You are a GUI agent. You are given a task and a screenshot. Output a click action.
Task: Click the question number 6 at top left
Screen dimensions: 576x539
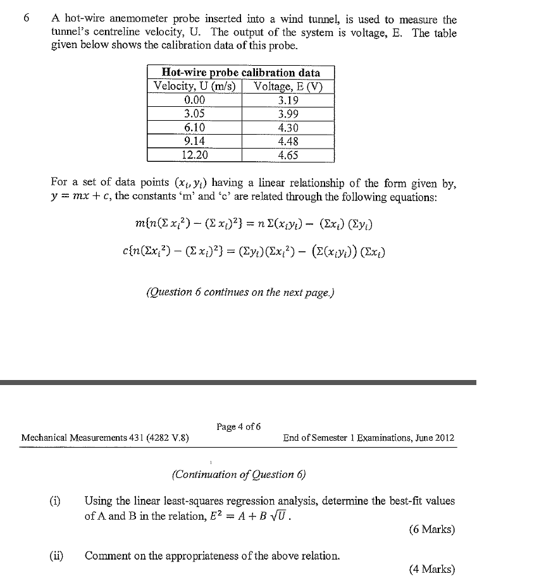pos(26,19)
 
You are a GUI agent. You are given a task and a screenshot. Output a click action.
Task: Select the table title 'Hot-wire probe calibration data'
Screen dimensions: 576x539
pos(241,72)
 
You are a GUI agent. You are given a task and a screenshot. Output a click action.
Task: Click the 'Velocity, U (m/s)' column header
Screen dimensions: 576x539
pos(194,86)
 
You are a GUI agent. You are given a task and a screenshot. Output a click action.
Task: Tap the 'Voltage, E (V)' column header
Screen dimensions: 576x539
pos(288,86)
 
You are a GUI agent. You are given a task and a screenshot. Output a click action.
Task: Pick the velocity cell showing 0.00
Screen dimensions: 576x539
pos(194,100)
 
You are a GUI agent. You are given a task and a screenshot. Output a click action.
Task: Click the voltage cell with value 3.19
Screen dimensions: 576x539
pos(288,100)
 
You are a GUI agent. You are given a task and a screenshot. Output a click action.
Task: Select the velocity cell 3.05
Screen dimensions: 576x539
pos(194,114)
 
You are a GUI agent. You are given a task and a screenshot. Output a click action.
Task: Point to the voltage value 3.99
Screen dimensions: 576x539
pos(288,114)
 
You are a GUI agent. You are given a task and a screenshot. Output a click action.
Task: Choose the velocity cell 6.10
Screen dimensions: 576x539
pos(194,128)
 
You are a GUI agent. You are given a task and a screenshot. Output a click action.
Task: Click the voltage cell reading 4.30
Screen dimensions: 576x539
pos(288,128)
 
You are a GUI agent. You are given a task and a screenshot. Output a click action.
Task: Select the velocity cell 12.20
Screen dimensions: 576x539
pos(194,155)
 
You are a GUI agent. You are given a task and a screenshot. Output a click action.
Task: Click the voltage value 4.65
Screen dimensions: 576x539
pos(288,155)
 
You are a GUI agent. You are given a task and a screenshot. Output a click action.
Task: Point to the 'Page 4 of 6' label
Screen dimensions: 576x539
pos(239,427)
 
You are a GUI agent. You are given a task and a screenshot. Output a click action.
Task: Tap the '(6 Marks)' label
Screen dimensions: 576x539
pos(431,529)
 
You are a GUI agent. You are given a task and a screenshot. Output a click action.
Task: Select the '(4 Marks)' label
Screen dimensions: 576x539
pos(431,569)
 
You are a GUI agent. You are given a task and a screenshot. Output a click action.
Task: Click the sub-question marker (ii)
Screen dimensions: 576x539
pos(56,556)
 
